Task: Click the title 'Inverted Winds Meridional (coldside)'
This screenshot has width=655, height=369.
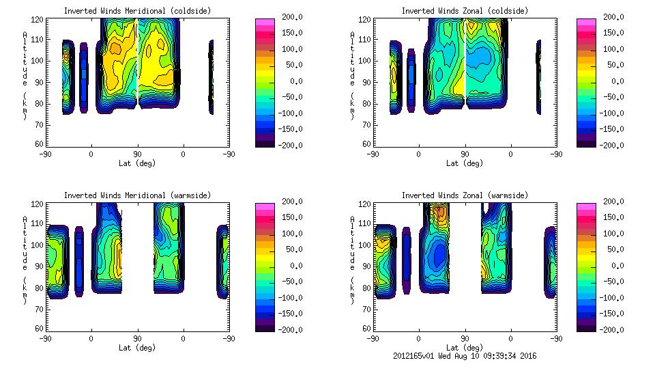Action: pos(137,11)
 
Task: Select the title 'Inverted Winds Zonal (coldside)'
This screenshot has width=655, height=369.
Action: pos(465,11)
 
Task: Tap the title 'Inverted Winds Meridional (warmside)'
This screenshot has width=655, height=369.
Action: pos(137,195)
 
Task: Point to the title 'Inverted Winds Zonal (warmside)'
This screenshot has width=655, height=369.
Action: pos(465,195)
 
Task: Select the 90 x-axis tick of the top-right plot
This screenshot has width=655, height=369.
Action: pos(465,154)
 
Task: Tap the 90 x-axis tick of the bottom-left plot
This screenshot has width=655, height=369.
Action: pos(137,338)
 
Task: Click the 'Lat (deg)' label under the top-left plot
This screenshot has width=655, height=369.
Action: pos(137,163)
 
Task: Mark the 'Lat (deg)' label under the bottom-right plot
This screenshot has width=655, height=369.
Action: pos(465,347)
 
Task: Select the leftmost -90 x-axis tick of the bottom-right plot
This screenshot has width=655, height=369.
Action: pos(373,338)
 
